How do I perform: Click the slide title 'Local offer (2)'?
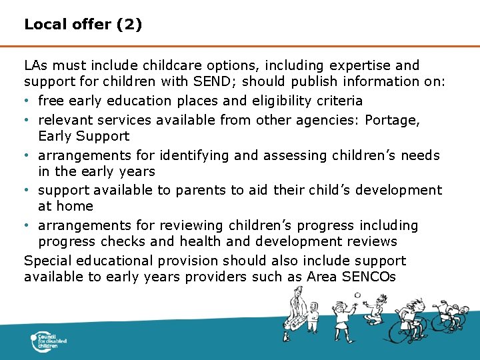(83, 25)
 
